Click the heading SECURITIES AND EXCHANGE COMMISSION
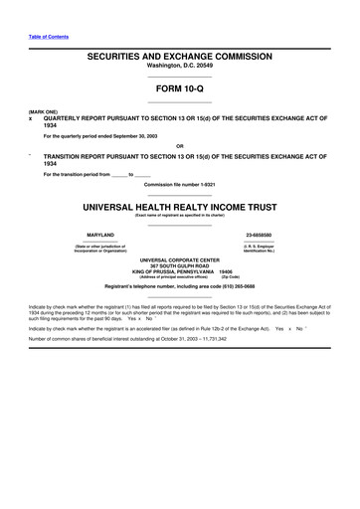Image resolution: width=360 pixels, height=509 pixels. [x=179, y=60]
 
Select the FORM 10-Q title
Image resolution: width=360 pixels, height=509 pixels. [x=179, y=89]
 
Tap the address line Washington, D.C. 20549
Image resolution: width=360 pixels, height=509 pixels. [x=179, y=70]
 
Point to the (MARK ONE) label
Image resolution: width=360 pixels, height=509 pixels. [x=43, y=111]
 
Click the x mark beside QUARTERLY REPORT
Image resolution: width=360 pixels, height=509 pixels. [x=32, y=117]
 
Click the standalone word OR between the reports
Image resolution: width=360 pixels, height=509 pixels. [x=179, y=145]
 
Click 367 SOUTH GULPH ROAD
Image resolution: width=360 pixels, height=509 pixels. [x=179, y=267]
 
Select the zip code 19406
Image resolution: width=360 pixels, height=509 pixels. [x=226, y=272]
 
